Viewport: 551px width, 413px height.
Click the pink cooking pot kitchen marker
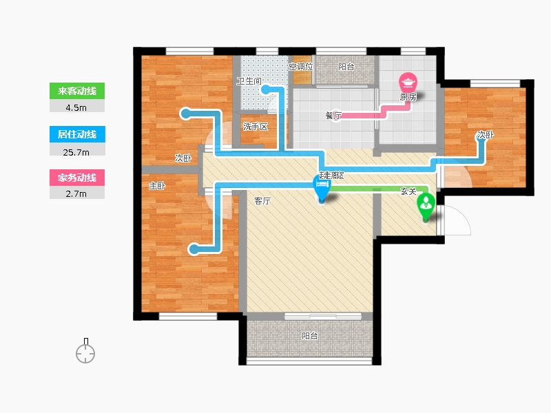coord(408,83)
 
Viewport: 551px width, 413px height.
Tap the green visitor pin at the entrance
coord(426,206)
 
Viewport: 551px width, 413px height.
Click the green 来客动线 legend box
coord(77,91)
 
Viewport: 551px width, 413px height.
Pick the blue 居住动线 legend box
coord(77,134)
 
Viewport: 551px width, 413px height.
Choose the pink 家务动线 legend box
coord(77,178)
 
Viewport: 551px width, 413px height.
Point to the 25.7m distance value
coord(76,152)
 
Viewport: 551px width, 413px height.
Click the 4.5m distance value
coord(76,108)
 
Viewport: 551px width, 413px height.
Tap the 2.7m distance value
coord(76,194)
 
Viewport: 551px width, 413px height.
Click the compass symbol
coord(85,351)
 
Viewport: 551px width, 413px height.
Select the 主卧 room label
coord(157,186)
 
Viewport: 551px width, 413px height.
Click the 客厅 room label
coord(262,201)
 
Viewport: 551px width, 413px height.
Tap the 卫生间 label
coord(249,81)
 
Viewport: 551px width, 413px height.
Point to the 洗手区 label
coord(256,127)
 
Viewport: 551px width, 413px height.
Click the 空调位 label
coord(301,67)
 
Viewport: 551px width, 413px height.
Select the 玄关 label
coord(408,191)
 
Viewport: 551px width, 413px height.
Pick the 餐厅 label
coord(333,115)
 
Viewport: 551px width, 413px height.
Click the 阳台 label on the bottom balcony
coord(309,336)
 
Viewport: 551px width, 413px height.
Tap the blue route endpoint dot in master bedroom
coord(193,249)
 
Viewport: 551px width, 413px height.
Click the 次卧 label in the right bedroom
coord(486,135)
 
